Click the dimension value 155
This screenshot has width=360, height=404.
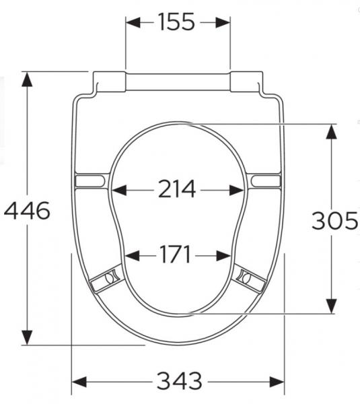point(176,22)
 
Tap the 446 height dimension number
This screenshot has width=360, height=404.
point(27,211)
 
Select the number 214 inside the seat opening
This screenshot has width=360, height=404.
point(177,189)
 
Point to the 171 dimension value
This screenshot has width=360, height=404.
point(176,254)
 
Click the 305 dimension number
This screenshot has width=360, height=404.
point(334,220)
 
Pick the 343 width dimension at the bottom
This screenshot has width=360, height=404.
point(180,381)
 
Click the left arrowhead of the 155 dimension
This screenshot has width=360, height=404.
point(133,23)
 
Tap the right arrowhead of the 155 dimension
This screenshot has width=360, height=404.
point(223,23)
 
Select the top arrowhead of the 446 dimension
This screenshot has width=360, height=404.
point(27,79)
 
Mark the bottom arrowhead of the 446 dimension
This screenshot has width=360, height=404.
point(27,337)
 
